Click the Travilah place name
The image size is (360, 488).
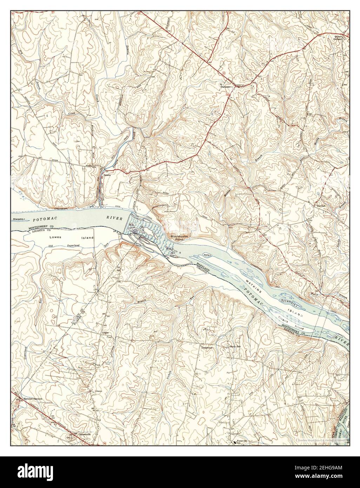[x=321, y=206]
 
